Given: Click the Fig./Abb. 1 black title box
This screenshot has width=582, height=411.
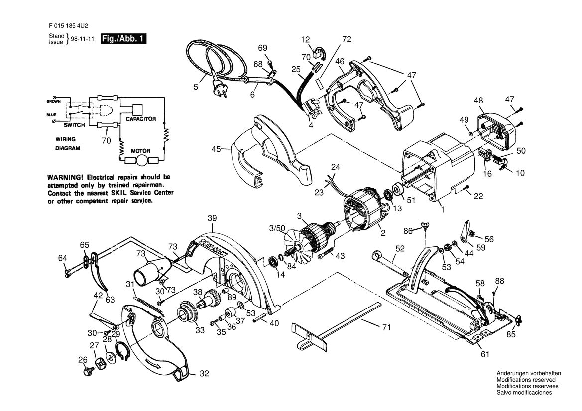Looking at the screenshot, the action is pyautogui.click(x=123, y=39).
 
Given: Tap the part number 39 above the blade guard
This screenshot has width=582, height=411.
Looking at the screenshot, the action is pyautogui.click(x=212, y=218).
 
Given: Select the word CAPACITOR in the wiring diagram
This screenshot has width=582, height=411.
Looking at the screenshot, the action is pyautogui.click(x=141, y=119).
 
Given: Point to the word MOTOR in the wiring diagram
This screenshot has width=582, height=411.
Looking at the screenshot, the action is pyautogui.click(x=141, y=151).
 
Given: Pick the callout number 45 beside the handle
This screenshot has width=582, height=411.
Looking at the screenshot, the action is pyautogui.click(x=217, y=149).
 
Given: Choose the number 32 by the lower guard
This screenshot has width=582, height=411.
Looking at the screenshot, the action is pyautogui.click(x=205, y=374).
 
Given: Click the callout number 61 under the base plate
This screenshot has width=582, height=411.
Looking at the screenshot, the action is pyautogui.click(x=485, y=354).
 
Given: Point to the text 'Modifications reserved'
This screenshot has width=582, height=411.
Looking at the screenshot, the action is pyautogui.click(x=526, y=380).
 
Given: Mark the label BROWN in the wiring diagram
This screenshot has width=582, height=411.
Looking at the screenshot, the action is pyautogui.click(x=53, y=101).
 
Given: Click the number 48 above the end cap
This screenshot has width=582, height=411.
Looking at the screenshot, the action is pyautogui.click(x=478, y=100).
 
